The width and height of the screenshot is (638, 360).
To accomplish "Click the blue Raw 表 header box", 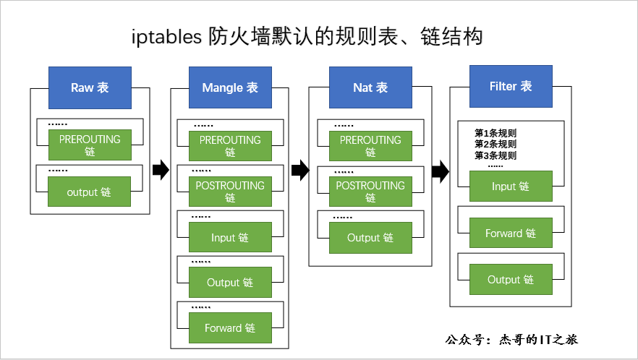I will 90,87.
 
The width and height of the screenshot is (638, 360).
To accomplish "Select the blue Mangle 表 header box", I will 230,87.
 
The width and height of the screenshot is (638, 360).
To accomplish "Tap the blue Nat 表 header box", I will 370,87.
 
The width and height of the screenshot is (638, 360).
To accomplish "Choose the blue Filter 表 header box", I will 511,86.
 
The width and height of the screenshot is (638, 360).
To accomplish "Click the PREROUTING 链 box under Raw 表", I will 90,145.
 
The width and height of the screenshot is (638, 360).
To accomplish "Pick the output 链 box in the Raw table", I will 90,192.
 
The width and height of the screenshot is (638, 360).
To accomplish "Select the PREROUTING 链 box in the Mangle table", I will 230,146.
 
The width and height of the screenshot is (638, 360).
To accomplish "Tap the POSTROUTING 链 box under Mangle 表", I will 230,192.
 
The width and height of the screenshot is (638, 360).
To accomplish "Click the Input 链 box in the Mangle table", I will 230,237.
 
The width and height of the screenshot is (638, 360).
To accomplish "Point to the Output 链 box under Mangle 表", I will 230,283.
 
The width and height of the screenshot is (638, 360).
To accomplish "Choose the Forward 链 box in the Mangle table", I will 230,328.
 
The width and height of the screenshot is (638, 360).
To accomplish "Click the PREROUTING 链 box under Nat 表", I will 370,146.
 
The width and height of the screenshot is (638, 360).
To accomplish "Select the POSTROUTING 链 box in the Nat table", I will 370,192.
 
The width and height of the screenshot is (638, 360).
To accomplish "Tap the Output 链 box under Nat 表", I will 370,238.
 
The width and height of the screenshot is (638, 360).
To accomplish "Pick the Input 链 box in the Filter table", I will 511,187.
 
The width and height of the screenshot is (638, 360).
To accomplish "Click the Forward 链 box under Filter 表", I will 511,233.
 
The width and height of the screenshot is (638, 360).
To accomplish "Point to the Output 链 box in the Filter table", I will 511,280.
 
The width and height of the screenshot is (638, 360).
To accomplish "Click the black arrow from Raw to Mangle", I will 160,171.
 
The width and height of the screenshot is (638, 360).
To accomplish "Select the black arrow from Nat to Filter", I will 440,171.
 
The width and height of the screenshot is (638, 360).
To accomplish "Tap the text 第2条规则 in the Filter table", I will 495,144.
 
